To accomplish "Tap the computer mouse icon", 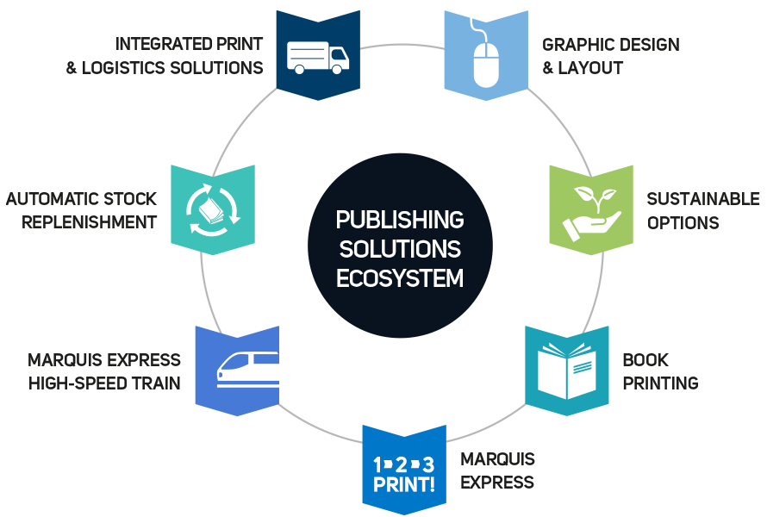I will click(x=485, y=61).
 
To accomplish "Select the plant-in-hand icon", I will click(x=590, y=210).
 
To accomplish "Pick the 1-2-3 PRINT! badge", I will click(x=403, y=473).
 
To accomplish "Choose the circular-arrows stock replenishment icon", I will click(x=212, y=209).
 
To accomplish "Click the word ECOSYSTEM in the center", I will click(x=400, y=278).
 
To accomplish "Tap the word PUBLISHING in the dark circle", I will click(x=400, y=221).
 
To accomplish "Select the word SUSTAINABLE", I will click(x=703, y=199).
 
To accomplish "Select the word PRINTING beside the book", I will click(x=660, y=383).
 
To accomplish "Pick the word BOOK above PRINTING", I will click(x=645, y=360).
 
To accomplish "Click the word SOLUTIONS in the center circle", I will click(x=400, y=250).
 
